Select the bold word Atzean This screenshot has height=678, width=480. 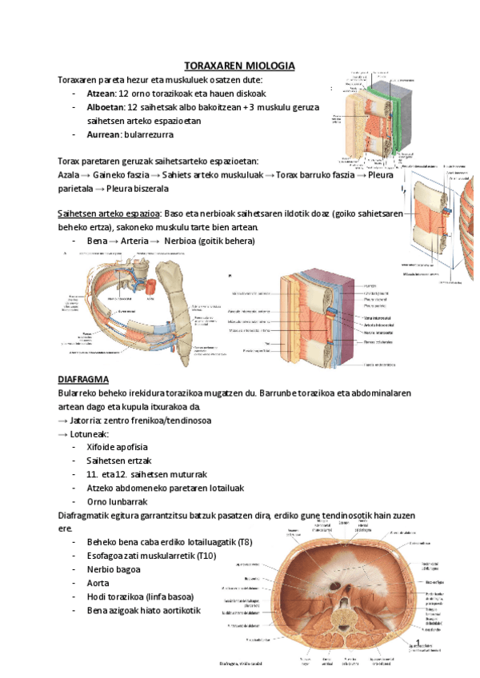pos(102,94)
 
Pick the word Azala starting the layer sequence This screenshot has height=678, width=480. pos(69,174)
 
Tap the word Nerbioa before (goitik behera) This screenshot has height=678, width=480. pos(182,241)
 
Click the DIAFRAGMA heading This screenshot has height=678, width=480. pos(84,378)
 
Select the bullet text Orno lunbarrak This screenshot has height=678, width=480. pos(117,501)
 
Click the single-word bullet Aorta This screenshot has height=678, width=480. pos(98,584)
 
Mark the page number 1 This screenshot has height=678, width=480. pos(418,642)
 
